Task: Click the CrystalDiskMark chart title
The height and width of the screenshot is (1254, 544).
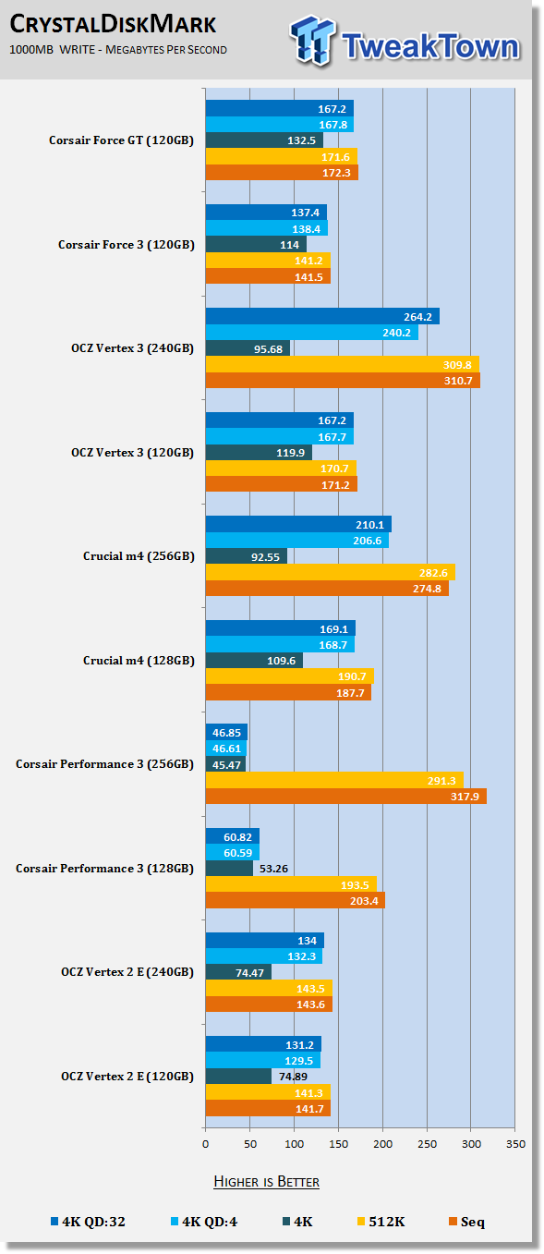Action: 113,24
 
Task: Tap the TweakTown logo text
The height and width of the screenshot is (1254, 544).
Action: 430,46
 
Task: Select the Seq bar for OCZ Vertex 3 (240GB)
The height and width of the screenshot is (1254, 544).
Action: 343,381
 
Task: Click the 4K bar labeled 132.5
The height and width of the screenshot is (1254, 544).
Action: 264,140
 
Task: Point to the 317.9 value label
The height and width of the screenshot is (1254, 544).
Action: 465,796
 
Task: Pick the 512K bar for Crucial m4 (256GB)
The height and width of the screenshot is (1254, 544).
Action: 331,573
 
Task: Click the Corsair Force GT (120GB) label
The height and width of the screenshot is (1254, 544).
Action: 121,140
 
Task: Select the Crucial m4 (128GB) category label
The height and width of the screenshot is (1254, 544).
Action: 139,661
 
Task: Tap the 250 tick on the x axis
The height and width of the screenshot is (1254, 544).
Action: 427,1144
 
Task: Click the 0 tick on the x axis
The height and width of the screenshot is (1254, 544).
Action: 205,1144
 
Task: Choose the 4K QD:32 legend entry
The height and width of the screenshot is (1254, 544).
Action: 88,1222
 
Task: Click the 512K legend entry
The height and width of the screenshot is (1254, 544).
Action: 381,1222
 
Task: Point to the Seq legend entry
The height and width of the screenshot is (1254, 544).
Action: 466,1222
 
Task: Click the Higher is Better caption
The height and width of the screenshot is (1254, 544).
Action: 266,1182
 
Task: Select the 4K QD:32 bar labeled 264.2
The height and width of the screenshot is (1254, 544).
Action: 322,316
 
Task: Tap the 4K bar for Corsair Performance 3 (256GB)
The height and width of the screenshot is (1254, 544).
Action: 225,765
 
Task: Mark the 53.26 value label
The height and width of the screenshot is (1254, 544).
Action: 273,869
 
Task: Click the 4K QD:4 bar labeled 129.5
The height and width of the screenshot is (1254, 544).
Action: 263,1061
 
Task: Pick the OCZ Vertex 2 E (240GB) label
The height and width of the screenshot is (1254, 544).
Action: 127,972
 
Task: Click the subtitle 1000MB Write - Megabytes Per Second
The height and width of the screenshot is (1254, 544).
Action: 118,50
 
